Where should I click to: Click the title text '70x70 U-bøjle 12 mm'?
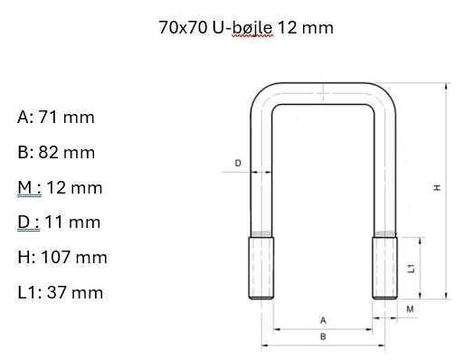(x=246, y=27)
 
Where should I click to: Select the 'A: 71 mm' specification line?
(x=56, y=117)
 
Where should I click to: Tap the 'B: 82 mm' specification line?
(x=56, y=152)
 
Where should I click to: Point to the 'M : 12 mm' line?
(x=60, y=188)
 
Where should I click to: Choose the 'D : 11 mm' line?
(x=59, y=223)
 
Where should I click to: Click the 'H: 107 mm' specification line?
(x=62, y=257)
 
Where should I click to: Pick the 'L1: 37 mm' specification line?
(x=61, y=292)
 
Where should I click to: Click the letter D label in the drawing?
(x=238, y=163)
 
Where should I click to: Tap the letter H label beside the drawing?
(x=437, y=188)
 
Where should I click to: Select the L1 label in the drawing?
(x=412, y=268)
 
